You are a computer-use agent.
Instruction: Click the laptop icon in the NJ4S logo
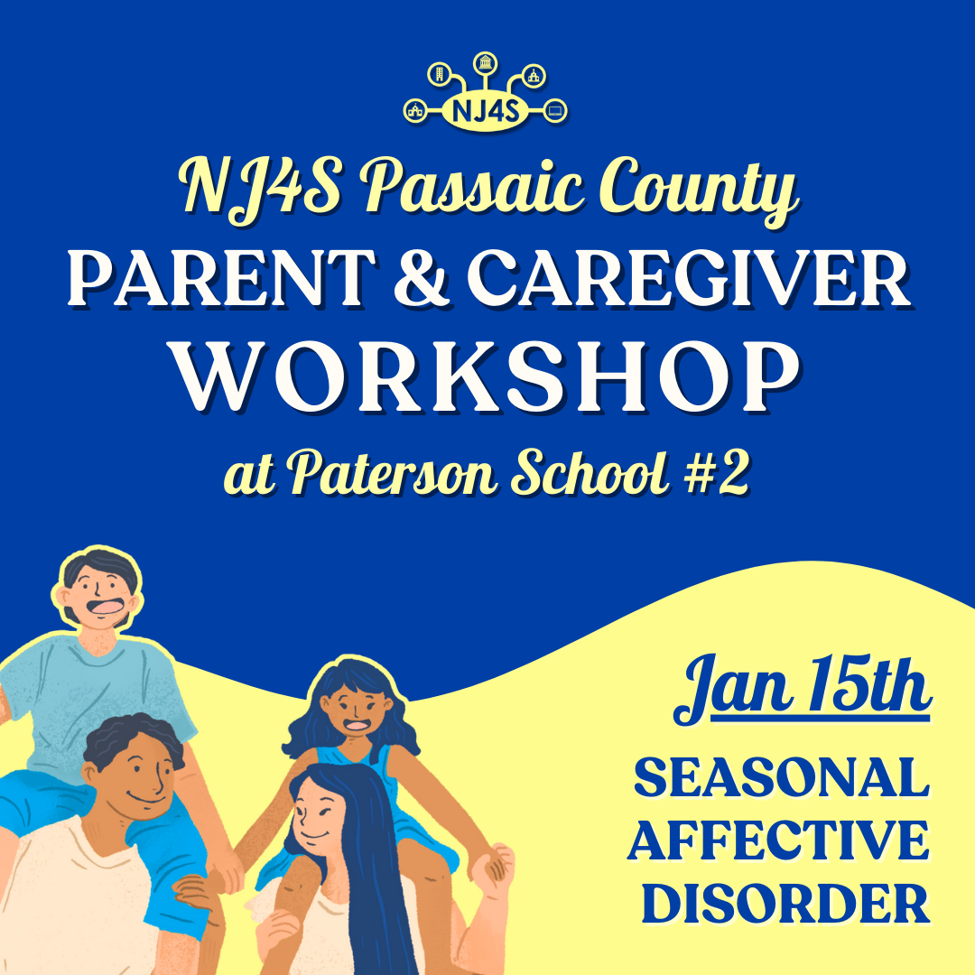555,111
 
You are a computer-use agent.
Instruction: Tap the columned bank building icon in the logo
485,62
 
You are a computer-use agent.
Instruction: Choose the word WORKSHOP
487,376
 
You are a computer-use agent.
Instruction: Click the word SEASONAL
782,778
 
